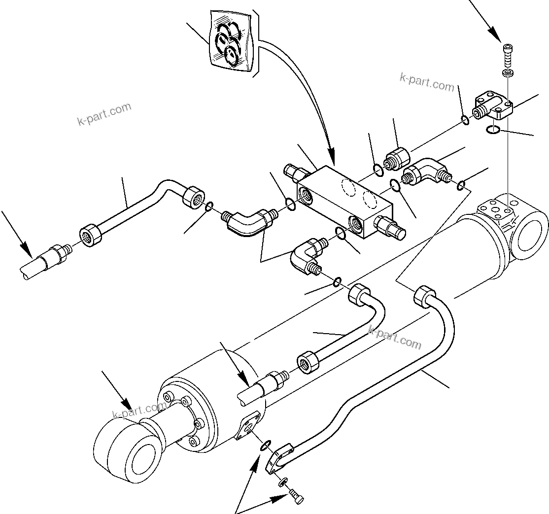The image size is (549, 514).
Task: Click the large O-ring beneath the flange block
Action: point(493,130)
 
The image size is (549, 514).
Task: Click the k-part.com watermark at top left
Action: point(104,114)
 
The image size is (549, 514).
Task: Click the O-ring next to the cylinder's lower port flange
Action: point(265,445)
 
